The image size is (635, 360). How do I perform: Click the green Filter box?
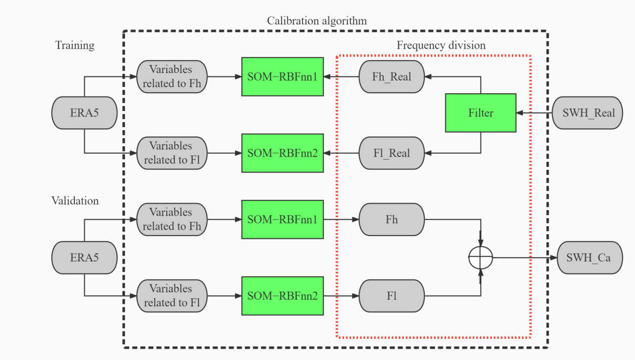coord(481,113)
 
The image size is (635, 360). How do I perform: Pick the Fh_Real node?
coord(391,76)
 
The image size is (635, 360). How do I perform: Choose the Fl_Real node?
coord(391,153)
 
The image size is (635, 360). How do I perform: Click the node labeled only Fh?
coord(391,219)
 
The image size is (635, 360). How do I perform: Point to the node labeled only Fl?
coord(391,296)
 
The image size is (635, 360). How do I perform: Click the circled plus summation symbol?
coord(481,258)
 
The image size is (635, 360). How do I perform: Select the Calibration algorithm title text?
coord(317,21)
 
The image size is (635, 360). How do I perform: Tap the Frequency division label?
coord(441,45)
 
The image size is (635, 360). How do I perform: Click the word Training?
coord(75,45)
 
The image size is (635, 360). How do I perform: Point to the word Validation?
coord(75,201)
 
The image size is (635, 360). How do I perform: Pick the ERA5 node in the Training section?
coord(84,113)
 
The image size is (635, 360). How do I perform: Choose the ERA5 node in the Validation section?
coord(84,258)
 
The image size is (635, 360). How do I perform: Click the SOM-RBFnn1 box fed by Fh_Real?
coord(282,76)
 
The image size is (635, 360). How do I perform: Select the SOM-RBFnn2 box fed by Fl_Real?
coord(282,153)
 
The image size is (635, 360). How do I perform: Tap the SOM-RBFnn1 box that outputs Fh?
coord(282,219)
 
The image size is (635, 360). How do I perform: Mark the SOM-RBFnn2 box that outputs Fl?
coord(282,296)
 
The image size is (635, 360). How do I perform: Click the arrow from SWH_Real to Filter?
coord(536,113)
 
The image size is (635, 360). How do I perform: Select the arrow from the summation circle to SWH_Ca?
coord(525,258)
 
